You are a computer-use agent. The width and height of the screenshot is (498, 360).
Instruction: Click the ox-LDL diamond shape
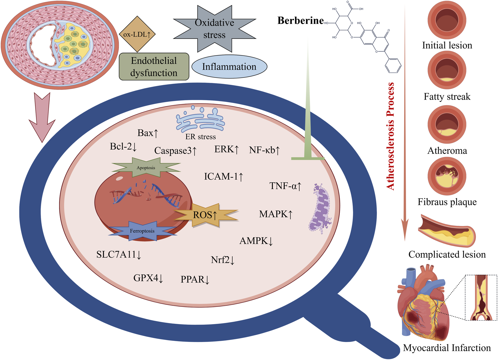137,34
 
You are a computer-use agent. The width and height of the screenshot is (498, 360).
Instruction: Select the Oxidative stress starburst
214,29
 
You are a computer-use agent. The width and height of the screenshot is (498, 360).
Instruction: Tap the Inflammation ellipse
229,67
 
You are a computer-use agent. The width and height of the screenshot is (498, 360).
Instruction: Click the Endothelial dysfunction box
154,67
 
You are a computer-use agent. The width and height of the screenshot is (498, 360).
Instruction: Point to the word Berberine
300,20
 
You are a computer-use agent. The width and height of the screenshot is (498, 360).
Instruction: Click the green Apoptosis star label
146,168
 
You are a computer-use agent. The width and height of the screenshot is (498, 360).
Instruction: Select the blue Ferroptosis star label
142,231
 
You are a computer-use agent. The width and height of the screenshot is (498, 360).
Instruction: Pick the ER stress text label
200,137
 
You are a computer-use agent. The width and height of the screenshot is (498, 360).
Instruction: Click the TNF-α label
285,186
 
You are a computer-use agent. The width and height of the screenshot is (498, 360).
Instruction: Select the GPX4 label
148,278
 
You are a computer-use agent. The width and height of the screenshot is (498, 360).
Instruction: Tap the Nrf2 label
222,260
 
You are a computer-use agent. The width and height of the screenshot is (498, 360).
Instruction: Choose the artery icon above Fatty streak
447,70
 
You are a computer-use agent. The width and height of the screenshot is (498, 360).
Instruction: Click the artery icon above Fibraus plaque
447,176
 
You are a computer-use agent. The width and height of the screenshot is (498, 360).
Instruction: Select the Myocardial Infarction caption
447,348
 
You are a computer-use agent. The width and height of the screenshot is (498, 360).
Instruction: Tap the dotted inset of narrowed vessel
481,298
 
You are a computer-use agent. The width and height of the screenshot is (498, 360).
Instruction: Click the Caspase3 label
175,151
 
